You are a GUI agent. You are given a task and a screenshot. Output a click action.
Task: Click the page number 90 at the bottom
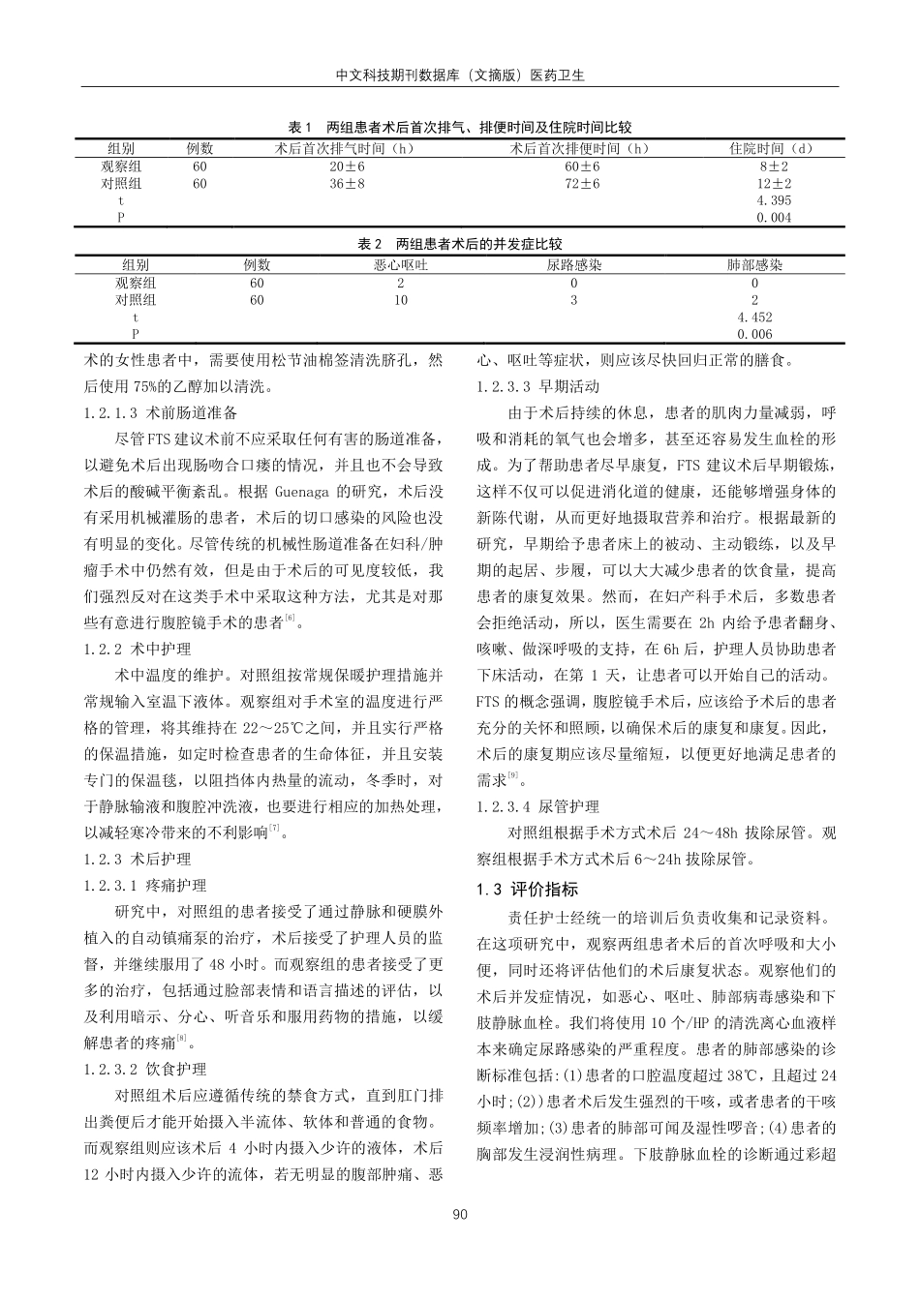click(460, 1215)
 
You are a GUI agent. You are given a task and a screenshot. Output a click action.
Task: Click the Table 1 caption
click(460, 127)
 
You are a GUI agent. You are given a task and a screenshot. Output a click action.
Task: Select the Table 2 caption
click(460, 245)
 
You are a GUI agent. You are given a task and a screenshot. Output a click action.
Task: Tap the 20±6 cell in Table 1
click(347, 166)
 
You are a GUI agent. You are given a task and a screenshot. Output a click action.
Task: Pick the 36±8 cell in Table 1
click(347, 183)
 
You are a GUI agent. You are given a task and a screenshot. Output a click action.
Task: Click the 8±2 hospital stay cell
click(774, 166)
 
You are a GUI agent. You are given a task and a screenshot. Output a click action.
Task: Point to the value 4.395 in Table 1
click(774, 200)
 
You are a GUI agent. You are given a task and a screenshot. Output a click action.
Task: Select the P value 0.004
click(774, 218)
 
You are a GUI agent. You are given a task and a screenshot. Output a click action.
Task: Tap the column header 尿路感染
click(574, 265)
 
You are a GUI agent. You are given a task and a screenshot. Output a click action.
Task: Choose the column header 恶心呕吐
click(401, 265)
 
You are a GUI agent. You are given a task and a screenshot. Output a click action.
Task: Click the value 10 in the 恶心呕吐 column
click(401, 300)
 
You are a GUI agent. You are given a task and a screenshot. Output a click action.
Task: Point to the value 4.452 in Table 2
click(754, 317)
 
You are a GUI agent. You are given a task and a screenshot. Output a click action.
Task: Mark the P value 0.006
click(754, 334)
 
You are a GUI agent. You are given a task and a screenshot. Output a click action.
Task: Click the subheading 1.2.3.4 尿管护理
click(538, 806)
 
